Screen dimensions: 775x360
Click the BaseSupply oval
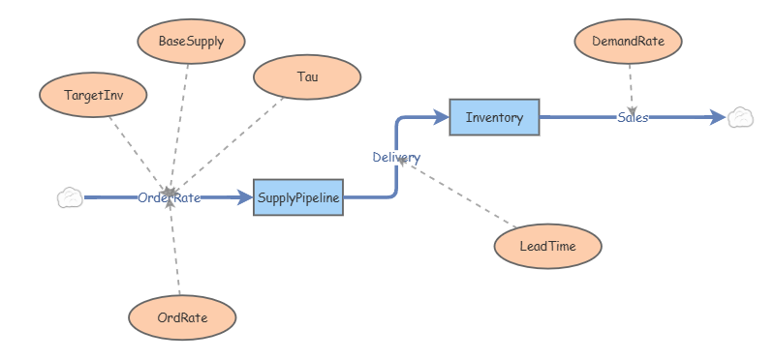pos(191,42)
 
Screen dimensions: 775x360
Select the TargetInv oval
pos(93,95)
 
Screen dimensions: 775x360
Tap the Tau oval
pos(307,77)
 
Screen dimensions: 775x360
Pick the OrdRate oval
pos(182,317)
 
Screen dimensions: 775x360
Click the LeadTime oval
pos(548,246)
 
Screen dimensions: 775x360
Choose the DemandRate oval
pos(628,42)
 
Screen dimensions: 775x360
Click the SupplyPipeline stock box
pos(298,197)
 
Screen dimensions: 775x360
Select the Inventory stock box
pos(494,117)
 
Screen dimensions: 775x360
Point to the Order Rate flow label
pos(169,198)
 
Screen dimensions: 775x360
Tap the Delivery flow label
pos(396,158)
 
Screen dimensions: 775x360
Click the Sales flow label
pos(633,117)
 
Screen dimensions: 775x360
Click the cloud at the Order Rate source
pos(70,197)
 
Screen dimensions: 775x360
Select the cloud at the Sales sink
pos(740,117)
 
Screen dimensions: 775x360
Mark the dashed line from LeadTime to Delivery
pos(457,194)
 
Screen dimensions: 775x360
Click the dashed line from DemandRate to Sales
pos(632,90)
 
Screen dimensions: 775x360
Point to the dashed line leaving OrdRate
pos(174,246)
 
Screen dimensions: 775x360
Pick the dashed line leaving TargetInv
pos(138,156)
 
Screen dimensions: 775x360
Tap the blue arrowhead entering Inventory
pos(440,117)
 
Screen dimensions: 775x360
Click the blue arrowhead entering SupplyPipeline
pos(245,197)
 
